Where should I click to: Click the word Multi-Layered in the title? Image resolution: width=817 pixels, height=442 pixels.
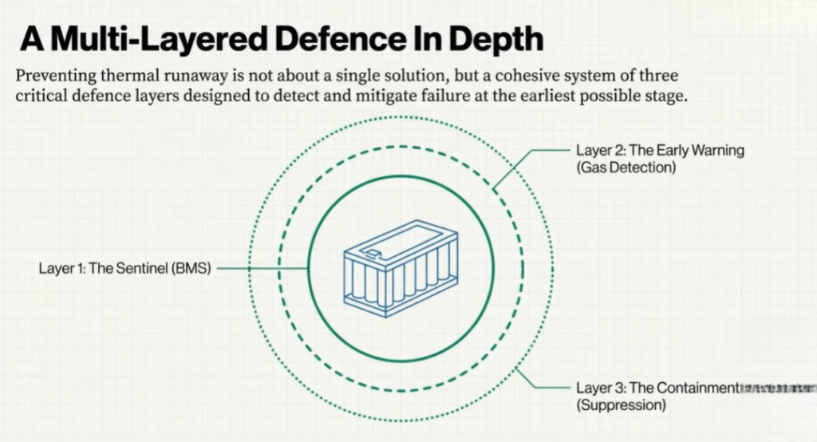155,37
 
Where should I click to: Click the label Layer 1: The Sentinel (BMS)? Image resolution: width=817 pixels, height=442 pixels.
124,269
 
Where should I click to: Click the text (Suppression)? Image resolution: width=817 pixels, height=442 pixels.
621,405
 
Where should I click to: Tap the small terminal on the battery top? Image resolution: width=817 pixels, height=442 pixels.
373,254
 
